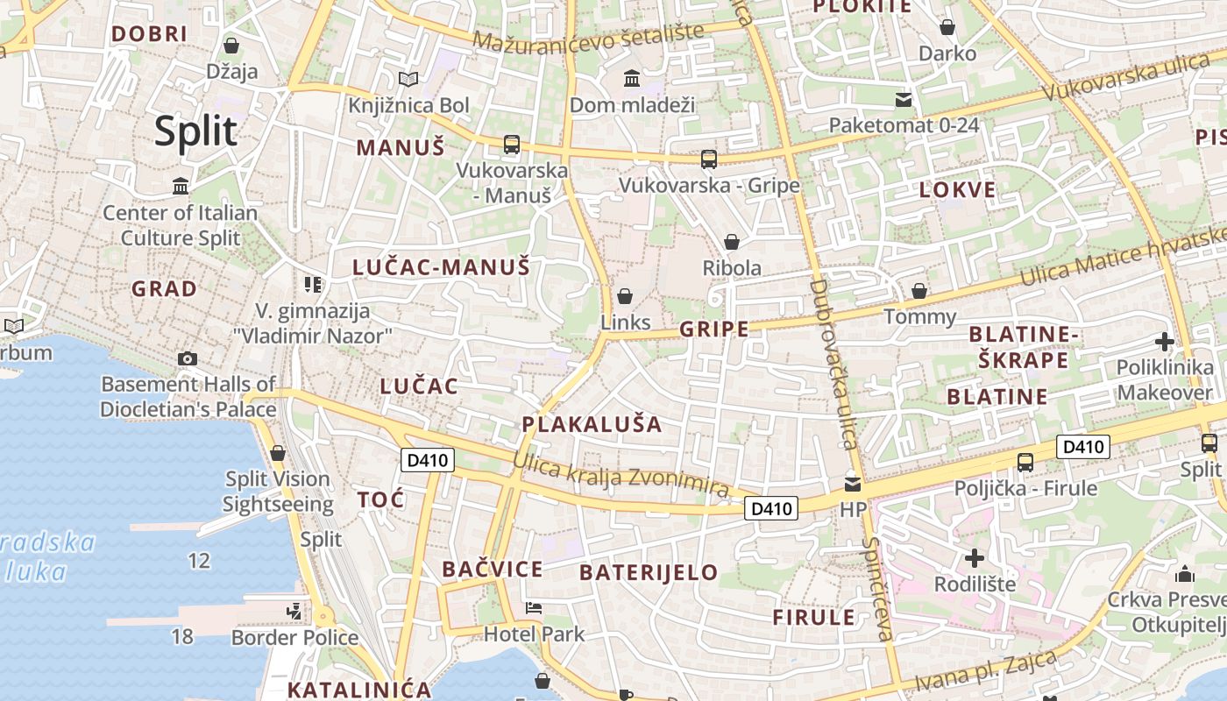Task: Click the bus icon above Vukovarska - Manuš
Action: (x=512, y=145)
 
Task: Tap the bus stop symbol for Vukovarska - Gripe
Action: (x=709, y=159)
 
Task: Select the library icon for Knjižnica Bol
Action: (x=408, y=80)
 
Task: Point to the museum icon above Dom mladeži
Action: (x=632, y=79)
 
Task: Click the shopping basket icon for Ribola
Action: (x=732, y=241)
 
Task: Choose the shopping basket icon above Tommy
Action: (x=919, y=290)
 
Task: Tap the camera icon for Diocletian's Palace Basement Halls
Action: (x=187, y=358)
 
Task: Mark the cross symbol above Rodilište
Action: (x=974, y=557)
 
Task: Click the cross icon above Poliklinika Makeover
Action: (x=1165, y=341)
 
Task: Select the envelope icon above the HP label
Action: (x=852, y=484)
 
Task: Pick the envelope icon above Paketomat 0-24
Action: (x=904, y=99)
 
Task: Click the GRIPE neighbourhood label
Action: (x=714, y=329)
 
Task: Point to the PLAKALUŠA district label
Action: (x=592, y=424)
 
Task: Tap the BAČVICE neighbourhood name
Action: (x=492, y=570)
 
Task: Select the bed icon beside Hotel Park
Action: (x=534, y=607)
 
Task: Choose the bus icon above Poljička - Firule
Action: (x=1025, y=462)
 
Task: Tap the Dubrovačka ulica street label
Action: (x=833, y=363)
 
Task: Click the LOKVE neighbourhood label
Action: (x=957, y=190)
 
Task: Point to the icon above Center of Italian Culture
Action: (x=181, y=186)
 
